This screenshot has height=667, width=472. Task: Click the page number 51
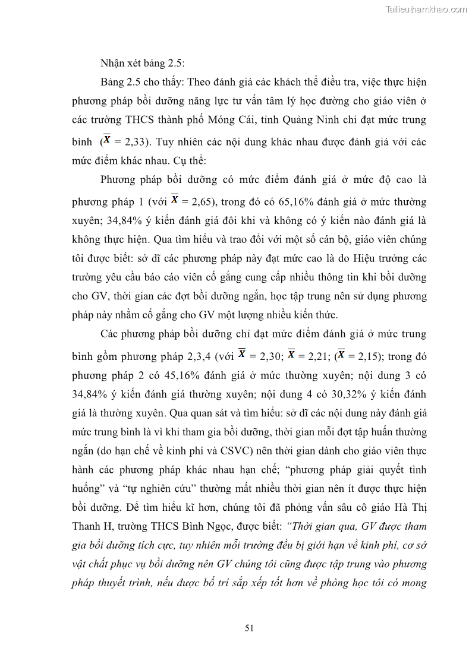[249, 628]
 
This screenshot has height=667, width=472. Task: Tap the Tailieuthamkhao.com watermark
[426, 9]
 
